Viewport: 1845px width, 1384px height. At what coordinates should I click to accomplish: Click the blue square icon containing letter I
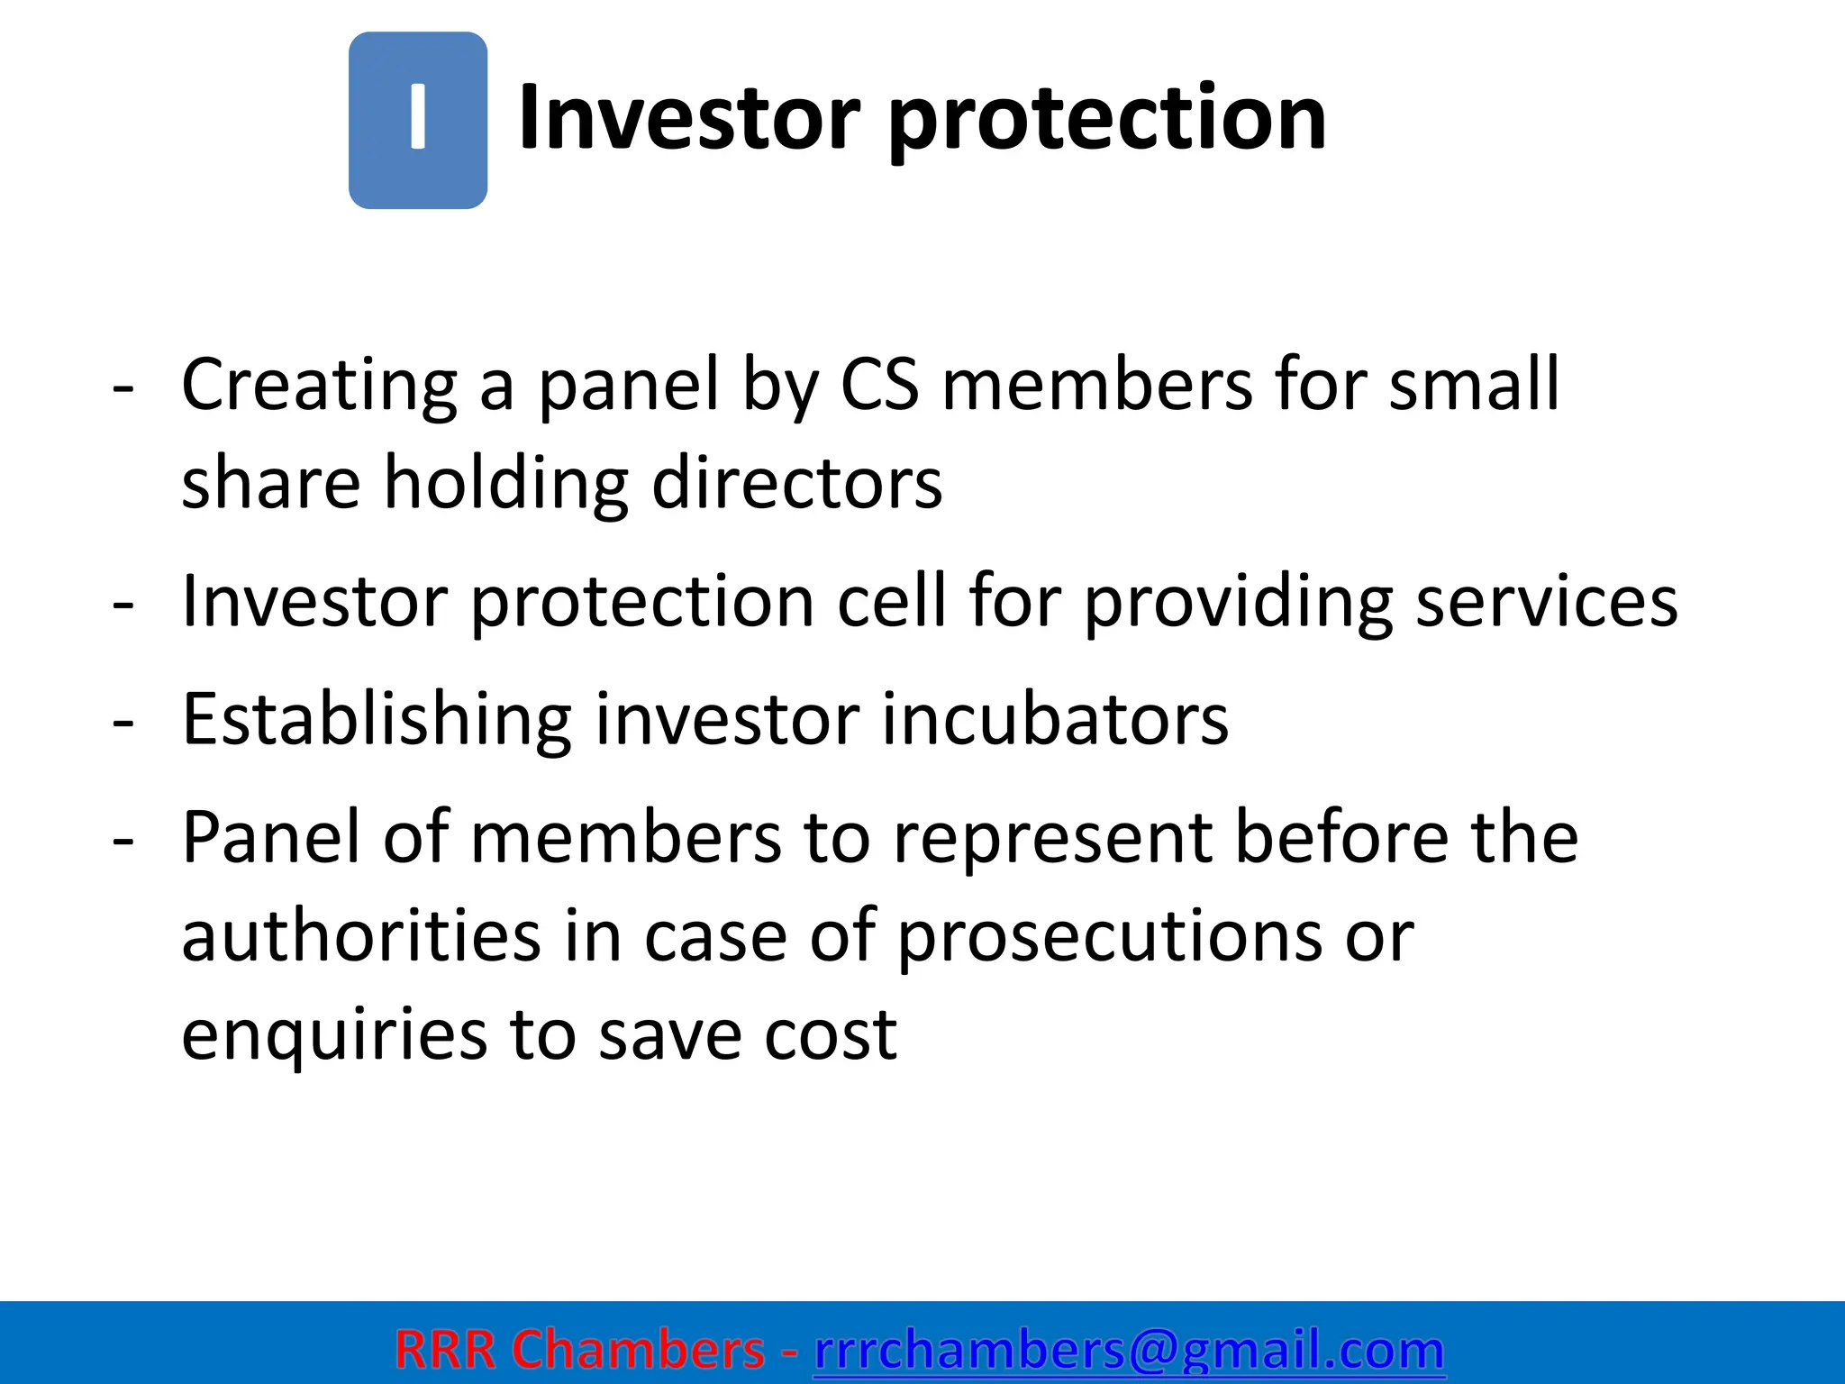click(418, 121)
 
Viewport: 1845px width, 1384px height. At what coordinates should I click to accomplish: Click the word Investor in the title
click(689, 117)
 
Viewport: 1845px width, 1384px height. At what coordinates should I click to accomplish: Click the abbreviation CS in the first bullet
click(879, 386)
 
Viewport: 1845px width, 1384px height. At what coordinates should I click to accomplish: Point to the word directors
click(796, 483)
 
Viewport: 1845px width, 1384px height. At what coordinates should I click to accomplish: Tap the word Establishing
click(376, 719)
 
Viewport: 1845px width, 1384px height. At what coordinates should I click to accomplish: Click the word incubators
click(1054, 719)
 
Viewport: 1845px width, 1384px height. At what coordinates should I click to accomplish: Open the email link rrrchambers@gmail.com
click(1129, 1350)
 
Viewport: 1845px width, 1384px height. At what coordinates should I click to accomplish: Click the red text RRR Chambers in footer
click(579, 1350)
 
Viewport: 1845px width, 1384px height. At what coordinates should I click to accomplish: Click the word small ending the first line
click(1474, 386)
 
